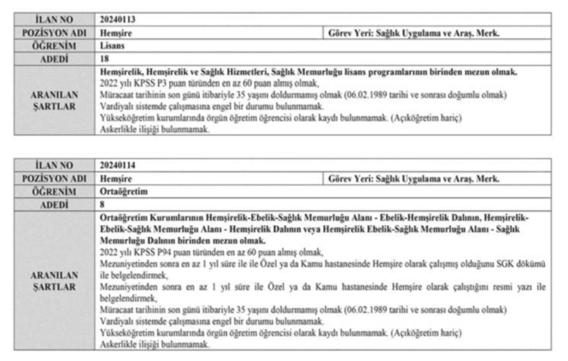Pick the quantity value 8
[102, 205]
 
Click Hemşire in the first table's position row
[117, 32]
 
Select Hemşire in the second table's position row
[117, 178]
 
